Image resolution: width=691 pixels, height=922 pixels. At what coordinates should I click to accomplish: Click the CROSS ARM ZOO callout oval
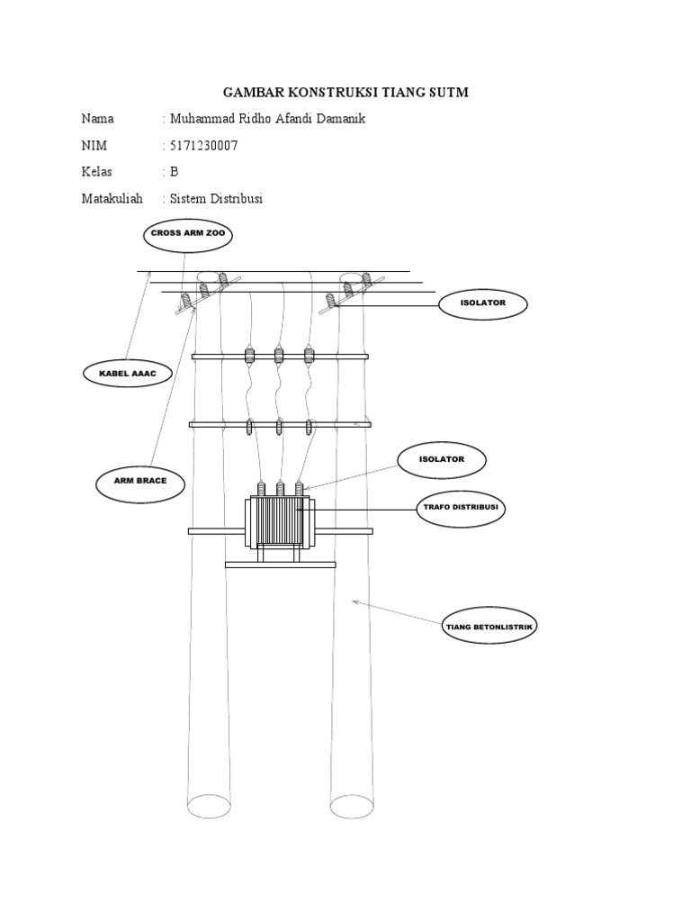coord(188,236)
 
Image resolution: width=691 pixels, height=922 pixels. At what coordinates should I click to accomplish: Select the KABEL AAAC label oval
coord(128,373)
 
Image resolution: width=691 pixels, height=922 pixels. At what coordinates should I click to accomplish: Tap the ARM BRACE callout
coord(140,484)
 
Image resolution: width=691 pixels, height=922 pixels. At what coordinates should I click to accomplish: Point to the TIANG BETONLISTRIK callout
coord(490,628)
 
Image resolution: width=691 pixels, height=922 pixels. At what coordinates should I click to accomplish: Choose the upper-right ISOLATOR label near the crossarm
coord(482,304)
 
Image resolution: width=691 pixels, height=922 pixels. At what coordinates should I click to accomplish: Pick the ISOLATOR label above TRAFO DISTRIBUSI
coord(442,461)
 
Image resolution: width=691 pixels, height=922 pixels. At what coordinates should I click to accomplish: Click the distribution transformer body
coord(278,521)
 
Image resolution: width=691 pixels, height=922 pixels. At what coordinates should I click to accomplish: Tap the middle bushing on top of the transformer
coord(280,489)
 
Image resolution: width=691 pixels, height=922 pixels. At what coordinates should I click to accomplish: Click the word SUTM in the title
coord(446,93)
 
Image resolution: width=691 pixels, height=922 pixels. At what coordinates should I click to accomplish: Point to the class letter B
coord(175,172)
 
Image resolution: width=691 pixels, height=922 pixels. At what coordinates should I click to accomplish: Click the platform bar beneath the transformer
coord(280,565)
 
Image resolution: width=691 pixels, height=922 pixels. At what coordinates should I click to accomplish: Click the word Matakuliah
coord(112,199)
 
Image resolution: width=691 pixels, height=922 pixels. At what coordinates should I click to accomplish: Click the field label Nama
coord(97,119)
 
